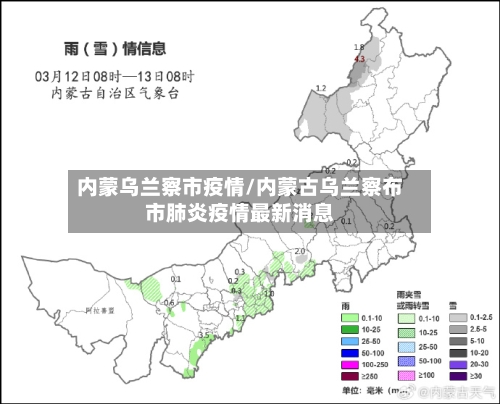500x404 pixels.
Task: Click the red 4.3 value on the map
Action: coord(360,60)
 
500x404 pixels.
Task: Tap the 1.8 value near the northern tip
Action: coord(359,47)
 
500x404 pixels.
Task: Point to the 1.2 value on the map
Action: coord(321,89)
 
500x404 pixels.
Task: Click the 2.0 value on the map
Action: coord(299,252)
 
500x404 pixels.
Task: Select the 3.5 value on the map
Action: coord(205,334)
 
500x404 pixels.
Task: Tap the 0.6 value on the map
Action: coord(169,303)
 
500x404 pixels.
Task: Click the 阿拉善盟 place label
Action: coord(99,312)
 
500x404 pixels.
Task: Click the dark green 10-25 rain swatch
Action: coord(349,328)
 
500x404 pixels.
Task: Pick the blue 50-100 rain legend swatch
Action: coord(349,353)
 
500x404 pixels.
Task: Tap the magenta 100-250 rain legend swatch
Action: coord(349,365)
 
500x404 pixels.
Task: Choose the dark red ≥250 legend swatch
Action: coord(349,377)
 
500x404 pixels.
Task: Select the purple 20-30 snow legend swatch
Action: coord(459,365)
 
